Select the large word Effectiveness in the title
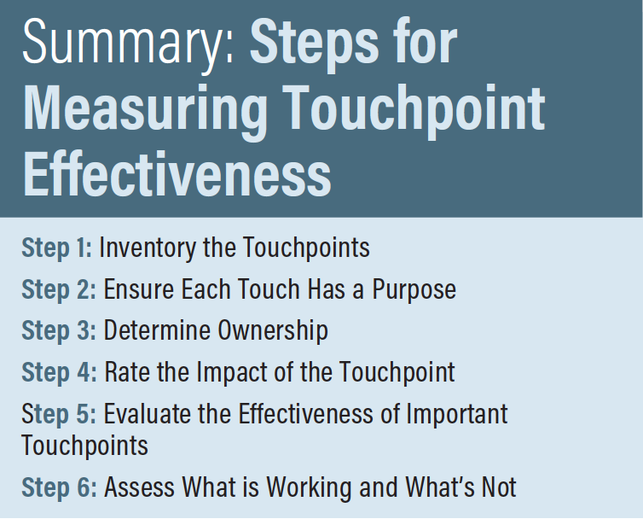click(x=177, y=173)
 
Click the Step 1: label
click(x=57, y=248)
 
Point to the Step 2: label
click(x=59, y=289)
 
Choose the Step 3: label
click(x=59, y=330)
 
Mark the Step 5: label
click(x=59, y=413)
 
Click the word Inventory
click(x=148, y=248)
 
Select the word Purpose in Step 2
click(x=414, y=289)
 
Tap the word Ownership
click(x=273, y=330)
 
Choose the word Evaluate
click(x=148, y=413)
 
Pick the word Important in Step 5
click(x=457, y=413)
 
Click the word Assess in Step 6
click(x=139, y=487)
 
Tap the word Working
click(x=309, y=487)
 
